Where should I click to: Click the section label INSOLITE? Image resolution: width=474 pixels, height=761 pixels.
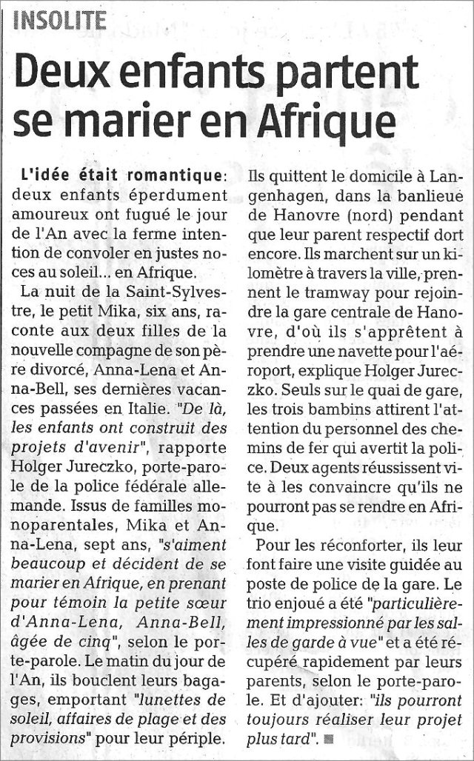coord(60,19)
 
